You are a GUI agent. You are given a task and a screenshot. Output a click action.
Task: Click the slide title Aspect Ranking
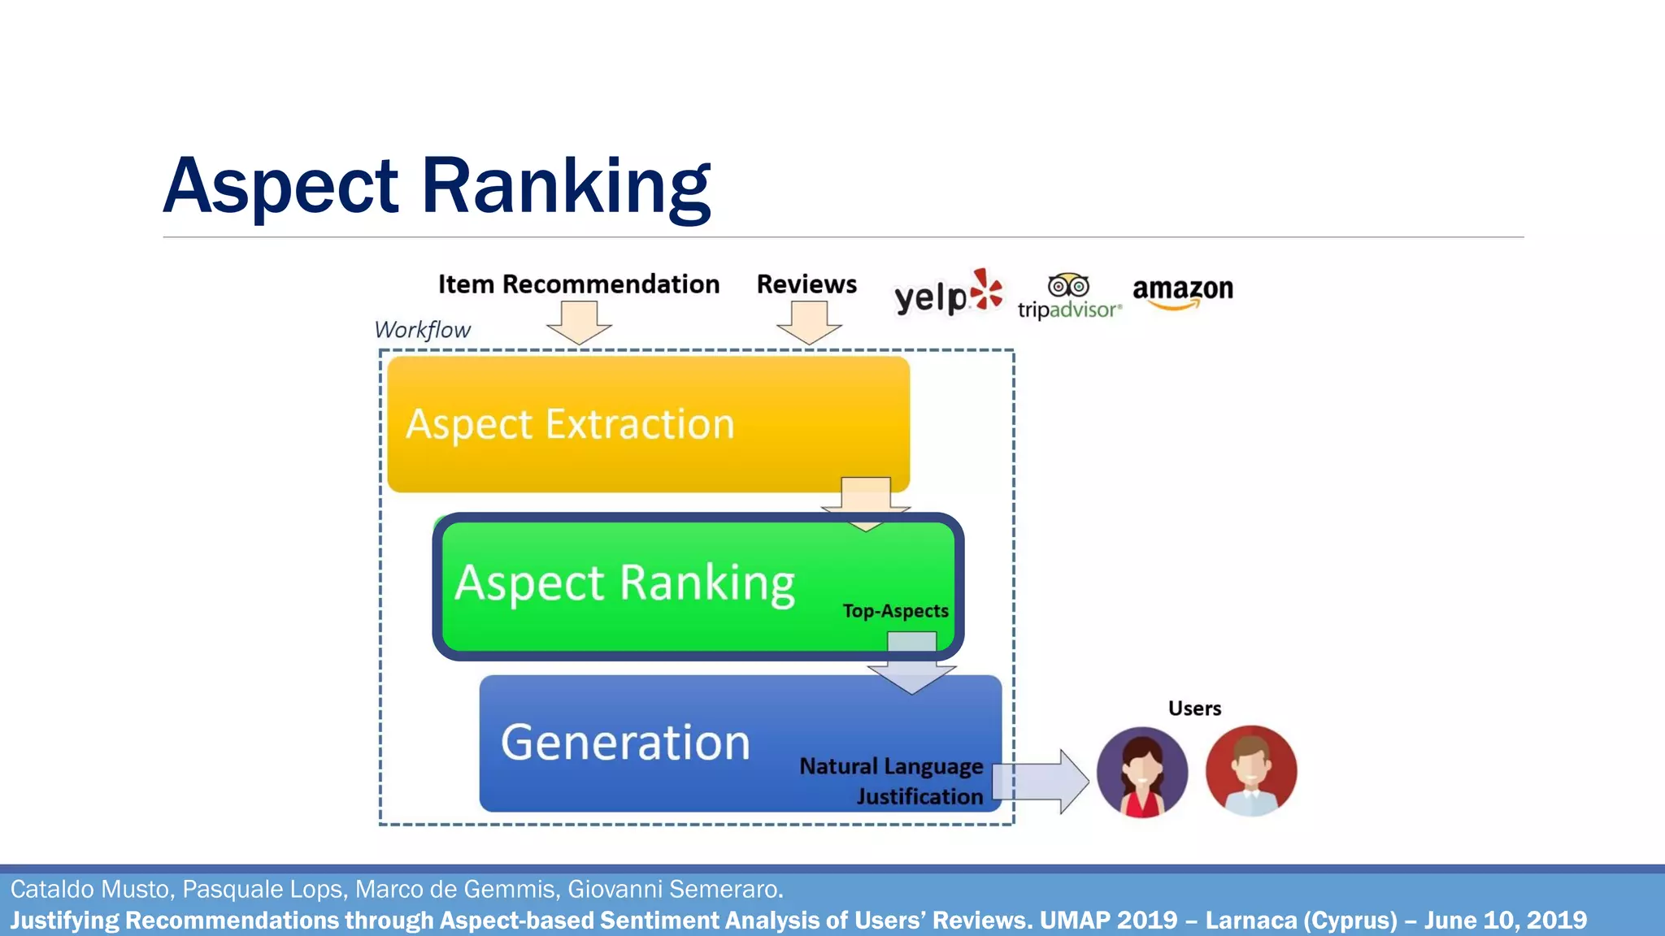437,187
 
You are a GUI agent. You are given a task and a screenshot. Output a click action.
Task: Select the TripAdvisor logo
1069,297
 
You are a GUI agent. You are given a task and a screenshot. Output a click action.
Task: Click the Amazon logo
1182,291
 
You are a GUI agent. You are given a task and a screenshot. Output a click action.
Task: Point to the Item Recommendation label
578,284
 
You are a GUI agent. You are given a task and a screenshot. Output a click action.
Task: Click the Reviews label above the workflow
806,284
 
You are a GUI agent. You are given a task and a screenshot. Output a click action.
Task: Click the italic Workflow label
422,330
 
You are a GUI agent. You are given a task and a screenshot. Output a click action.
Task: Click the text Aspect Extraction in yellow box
570,425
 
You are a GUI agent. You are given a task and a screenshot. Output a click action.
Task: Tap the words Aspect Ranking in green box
624,583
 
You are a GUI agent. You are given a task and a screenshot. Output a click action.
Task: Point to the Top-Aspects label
895,611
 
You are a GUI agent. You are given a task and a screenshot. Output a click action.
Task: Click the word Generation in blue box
625,743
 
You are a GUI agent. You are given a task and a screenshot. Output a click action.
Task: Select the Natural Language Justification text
892,781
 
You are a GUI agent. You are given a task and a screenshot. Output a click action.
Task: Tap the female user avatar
1141,772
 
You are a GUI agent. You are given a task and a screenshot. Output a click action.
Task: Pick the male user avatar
1250,771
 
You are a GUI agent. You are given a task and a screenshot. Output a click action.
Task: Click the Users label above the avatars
1194,708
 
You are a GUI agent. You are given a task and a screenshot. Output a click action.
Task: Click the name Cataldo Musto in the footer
90,890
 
